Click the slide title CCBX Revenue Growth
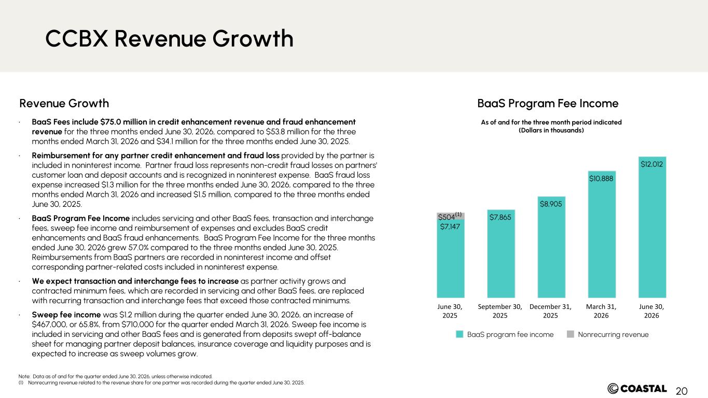click(x=170, y=38)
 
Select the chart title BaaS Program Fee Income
click(x=548, y=104)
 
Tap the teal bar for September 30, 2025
click(x=501, y=253)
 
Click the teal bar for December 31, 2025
click(x=551, y=247)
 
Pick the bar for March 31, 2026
click(x=602, y=234)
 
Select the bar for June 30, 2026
click(x=653, y=227)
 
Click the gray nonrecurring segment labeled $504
click(x=451, y=217)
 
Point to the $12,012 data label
click(x=652, y=164)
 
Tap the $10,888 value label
click(x=601, y=179)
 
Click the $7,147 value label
click(x=450, y=226)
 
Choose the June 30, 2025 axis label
click(x=450, y=311)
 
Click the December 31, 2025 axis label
click(x=551, y=311)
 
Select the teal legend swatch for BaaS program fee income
click(x=460, y=334)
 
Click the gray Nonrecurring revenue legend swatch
click(x=571, y=334)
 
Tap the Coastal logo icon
click(x=613, y=389)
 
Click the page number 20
click(x=682, y=391)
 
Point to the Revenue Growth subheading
click(x=64, y=104)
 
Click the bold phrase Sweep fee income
click(x=66, y=315)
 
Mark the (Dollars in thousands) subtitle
click(x=551, y=131)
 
